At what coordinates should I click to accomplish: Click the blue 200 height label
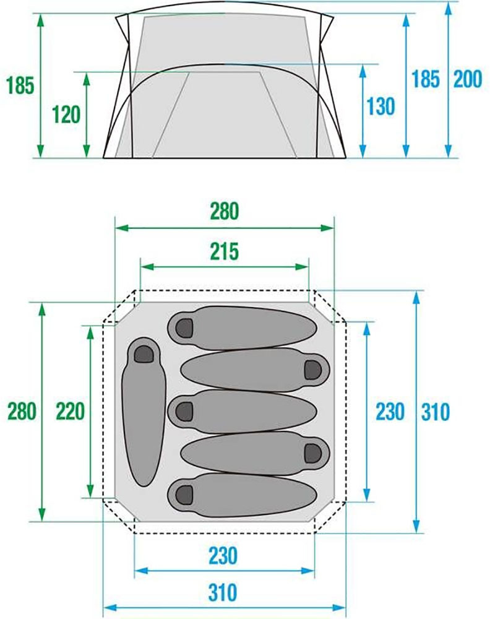[x=468, y=79]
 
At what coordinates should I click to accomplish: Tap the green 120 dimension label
[x=66, y=115]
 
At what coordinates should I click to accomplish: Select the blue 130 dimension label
[x=380, y=106]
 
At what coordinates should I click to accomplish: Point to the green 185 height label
[x=20, y=85]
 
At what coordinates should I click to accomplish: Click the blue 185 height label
[x=426, y=79]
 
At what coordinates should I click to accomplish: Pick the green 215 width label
[x=225, y=251]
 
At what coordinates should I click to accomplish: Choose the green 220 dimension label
[x=71, y=411]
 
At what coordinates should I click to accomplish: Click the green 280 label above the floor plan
[x=225, y=211]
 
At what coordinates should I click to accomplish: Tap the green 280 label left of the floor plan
[x=22, y=411]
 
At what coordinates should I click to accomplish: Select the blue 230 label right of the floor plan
[x=390, y=412]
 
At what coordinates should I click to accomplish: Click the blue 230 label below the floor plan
[x=223, y=555]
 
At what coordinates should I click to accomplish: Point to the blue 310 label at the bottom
[x=223, y=592]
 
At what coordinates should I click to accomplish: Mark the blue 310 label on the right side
[x=436, y=412]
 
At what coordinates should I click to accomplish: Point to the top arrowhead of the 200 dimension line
[x=448, y=9]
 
